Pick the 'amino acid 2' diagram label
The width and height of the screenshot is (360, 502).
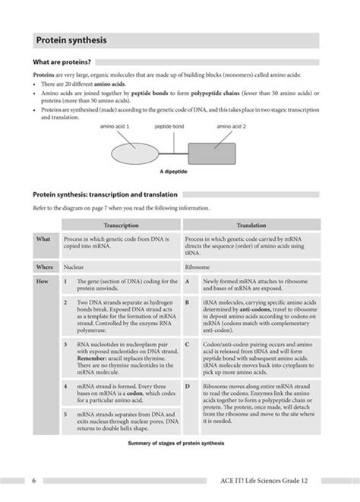click(x=231, y=126)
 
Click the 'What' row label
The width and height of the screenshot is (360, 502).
click(x=43, y=238)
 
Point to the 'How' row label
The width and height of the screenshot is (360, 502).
click(x=43, y=281)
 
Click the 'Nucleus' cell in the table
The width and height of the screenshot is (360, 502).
click(x=74, y=267)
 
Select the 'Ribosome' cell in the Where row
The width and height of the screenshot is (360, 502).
click(x=199, y=267)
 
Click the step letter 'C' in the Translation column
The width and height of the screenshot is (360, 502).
click(x=188, y=343)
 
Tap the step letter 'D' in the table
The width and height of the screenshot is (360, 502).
click(x=188, y=386)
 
